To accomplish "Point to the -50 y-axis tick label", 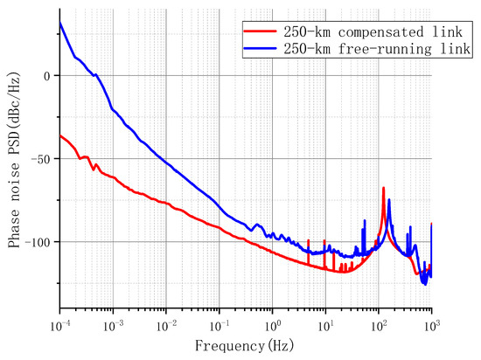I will click(x=42, y=159).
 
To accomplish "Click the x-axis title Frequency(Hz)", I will click(x=246, y=346).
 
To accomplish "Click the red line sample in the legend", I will click(x=257, y=31).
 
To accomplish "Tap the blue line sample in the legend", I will click(x=257, y=48).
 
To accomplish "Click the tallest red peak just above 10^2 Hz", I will click(x=383, y=188).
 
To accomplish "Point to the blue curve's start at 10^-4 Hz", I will click(x=60, y=23).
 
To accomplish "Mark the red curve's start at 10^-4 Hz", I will click(x=60, y=135).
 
